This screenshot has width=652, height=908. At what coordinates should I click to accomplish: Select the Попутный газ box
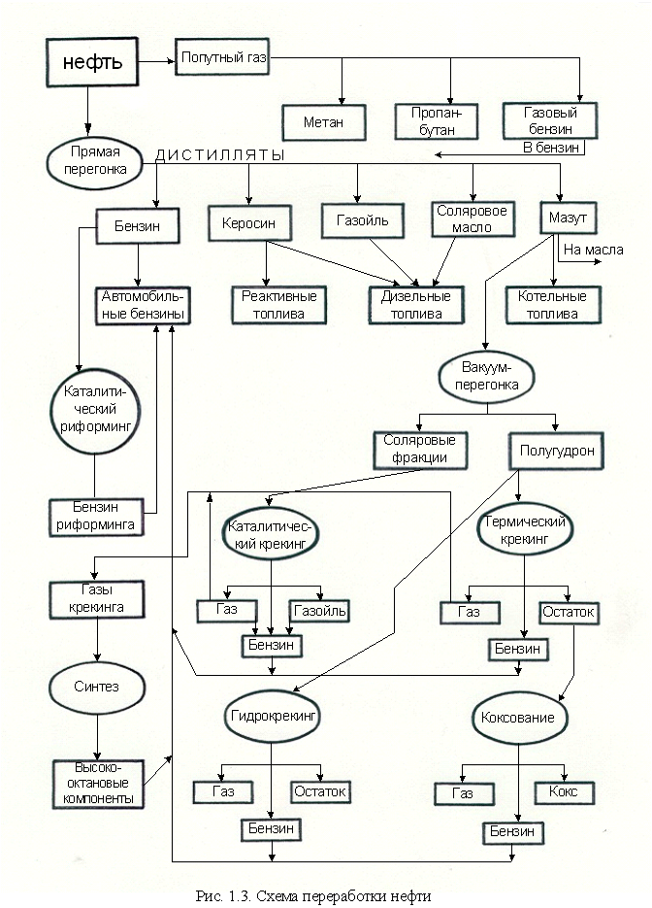pos(222,59)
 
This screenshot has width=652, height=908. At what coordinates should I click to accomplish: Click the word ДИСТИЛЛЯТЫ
pos(220,155)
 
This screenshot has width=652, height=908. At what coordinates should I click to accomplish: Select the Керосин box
pos(243,223)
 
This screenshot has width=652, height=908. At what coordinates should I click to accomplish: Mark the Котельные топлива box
pos(553,305)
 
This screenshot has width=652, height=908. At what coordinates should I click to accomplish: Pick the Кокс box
pos(563,792)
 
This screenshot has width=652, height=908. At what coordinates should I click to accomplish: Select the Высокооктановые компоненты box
pos(95,783)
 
